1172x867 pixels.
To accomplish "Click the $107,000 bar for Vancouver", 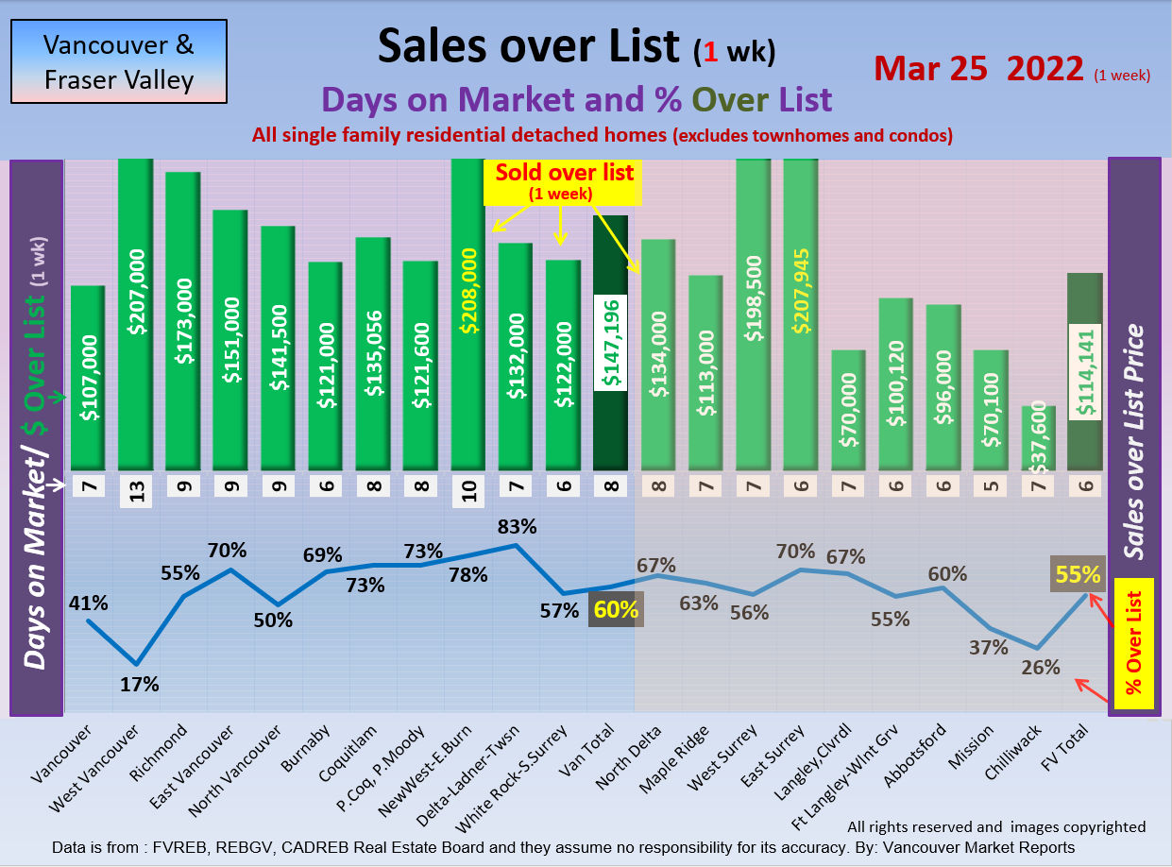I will [x=88, y=378].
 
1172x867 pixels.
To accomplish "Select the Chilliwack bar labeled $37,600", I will [x=1038, y=438].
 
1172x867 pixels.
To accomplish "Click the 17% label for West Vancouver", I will [x=139, y=685].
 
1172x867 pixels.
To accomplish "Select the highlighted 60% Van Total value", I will [x=616, y=610].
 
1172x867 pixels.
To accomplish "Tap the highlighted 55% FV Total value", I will [x=1078, y=574].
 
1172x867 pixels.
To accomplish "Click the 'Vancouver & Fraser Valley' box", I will [x=119, y=61].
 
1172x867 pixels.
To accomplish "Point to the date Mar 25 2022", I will [x=978, y=69].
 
